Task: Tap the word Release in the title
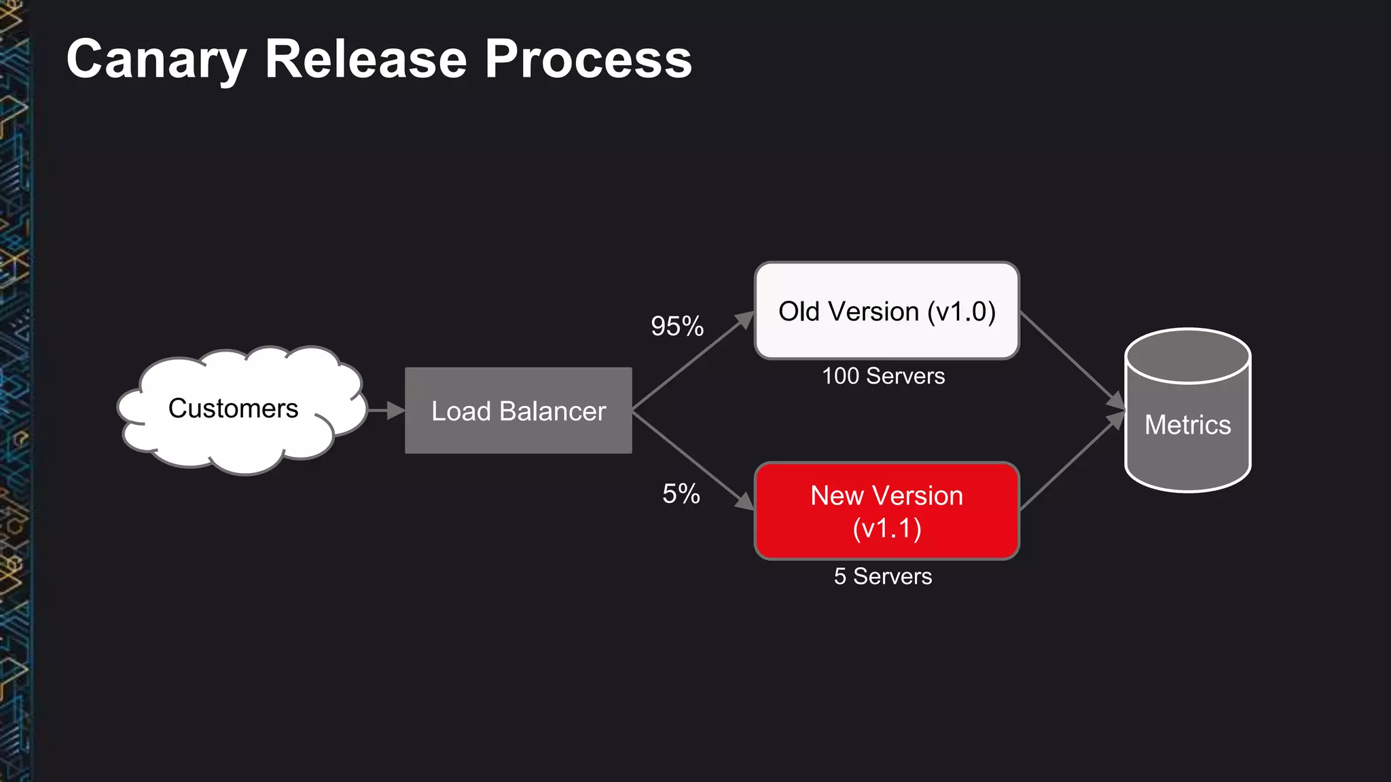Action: pos(365,60)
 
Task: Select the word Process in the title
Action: pos(588,60)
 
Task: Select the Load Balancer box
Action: pos(518,411)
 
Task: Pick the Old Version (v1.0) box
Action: pos(887,311)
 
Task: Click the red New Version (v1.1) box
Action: pos(887,511)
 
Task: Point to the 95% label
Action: pos(677,327)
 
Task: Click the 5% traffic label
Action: pos(681,494)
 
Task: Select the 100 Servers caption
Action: pos(883,376)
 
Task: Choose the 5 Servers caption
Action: pos(883,576)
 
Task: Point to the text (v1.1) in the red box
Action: pos(887,529)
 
